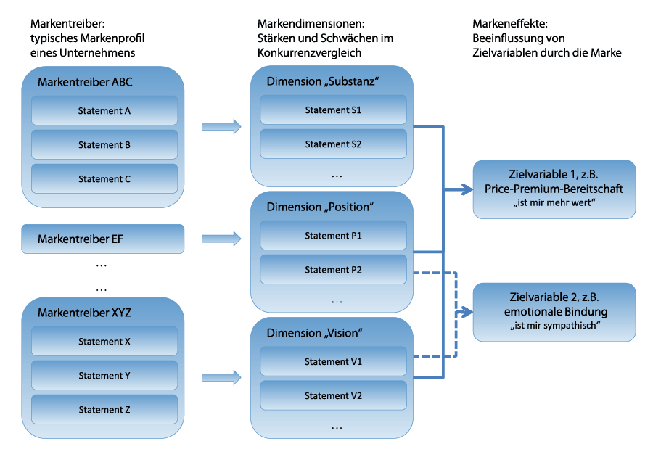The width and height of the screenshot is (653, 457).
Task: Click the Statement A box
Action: (104, 111)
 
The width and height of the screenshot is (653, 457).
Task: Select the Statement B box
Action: (104, 145)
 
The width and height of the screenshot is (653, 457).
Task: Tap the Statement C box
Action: (104, 179)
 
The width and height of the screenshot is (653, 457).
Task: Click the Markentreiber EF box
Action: (102, 239)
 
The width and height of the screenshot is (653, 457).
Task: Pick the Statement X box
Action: (104, 342)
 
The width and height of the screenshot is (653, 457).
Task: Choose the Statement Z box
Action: (104, 410)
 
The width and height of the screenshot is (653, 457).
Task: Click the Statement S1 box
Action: (333, 110)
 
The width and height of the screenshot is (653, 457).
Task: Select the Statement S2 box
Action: (333, 144)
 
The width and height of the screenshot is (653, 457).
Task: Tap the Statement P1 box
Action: (333, 236)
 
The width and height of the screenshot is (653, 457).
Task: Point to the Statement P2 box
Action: (333, 270)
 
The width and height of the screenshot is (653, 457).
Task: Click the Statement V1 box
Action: (333, 362)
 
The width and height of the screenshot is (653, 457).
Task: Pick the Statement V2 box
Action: (333, 396)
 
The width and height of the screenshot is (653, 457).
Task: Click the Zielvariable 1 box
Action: (554, 189)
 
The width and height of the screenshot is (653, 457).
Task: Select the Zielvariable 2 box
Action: (554, 312)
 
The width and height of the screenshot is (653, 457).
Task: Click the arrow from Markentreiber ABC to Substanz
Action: (221, 127)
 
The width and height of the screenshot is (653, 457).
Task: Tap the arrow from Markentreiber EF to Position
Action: (221, 238)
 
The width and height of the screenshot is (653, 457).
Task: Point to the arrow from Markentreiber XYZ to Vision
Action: (221, 376)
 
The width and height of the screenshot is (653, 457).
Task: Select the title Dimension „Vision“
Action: (314, 333)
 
